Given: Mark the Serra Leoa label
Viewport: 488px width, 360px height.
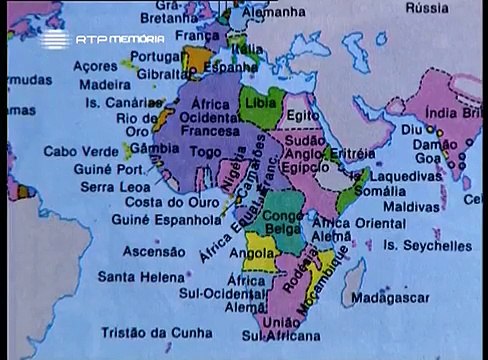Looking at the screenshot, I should [110, 186].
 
